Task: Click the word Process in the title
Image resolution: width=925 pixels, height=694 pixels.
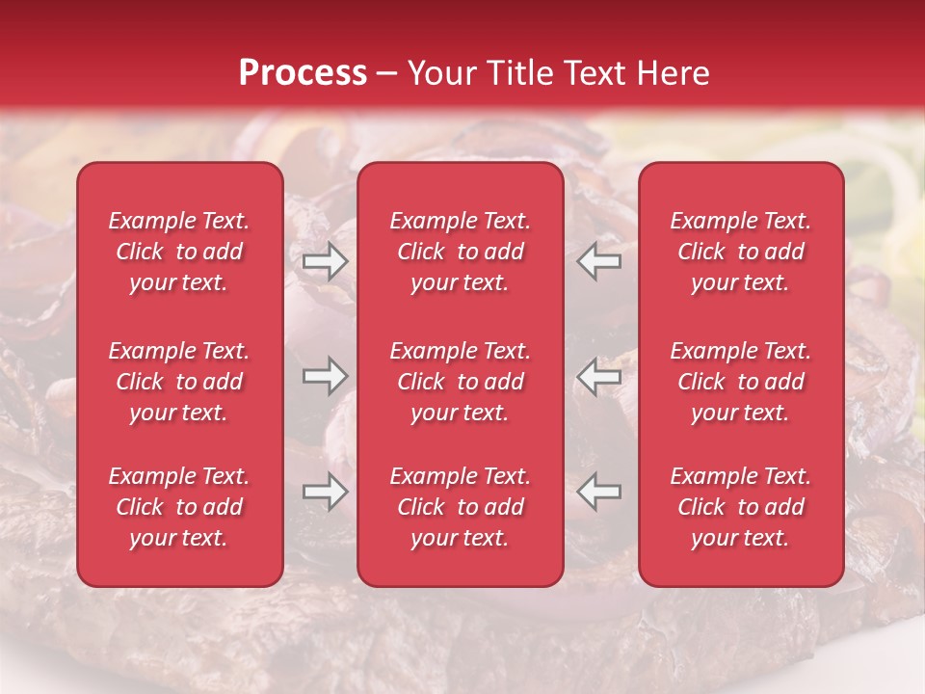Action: (x=303, y=72)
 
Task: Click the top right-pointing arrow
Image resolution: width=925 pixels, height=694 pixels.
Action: (x=326, y=261)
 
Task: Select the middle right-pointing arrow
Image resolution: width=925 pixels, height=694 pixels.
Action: (x=326, y=376)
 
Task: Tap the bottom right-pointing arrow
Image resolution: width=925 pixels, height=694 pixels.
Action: (x=326, y=492)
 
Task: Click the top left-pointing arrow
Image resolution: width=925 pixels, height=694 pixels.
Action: (x=599, y=261)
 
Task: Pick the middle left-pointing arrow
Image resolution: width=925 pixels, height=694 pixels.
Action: (x=599, y=376)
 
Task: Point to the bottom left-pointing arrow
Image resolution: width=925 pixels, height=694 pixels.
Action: (x=599, y=492)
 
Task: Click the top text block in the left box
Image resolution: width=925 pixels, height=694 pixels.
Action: (x=179, y=252)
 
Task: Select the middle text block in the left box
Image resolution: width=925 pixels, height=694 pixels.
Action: (x=179, y=382)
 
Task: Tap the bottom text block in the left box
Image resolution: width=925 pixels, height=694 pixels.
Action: (x=179, y=507)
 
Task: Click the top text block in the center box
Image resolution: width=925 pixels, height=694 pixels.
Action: (x=461, y=252)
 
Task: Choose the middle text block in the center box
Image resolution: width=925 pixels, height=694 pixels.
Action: (x=461, y=382)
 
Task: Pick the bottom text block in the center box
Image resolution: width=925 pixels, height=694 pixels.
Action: (x=461, y=507)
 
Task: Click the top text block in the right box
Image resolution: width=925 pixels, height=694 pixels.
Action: (x=741, y=252)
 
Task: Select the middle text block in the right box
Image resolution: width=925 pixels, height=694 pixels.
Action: (x=741, y=382)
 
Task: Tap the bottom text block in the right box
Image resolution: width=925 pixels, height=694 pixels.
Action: (x=741, y=507)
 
